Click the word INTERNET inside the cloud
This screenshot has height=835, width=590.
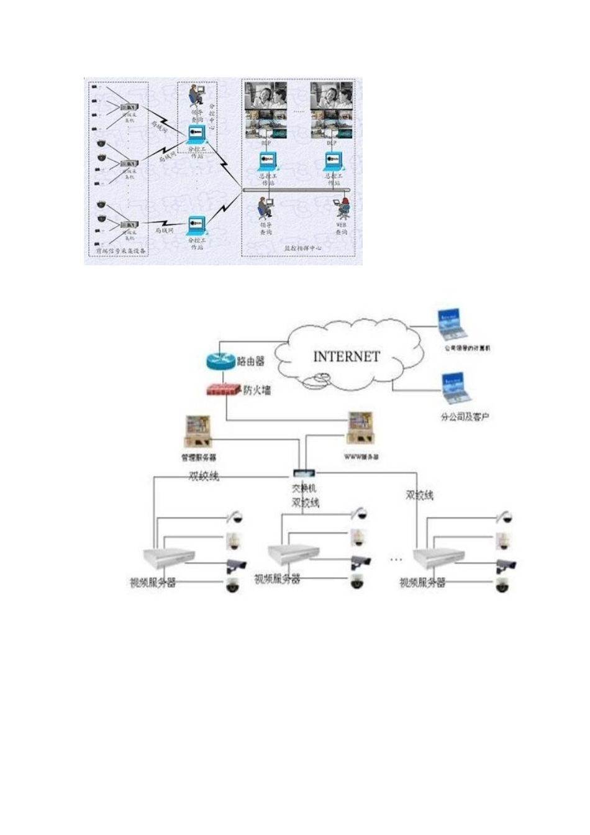347,357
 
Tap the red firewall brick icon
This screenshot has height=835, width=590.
223,390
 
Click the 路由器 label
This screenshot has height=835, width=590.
251,361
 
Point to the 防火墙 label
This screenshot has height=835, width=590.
256,391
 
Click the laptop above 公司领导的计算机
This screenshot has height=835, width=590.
453,323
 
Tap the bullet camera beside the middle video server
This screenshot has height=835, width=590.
361,563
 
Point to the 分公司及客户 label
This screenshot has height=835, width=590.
465,416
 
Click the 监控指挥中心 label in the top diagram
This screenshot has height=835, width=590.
302,248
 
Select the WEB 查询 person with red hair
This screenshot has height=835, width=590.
342,208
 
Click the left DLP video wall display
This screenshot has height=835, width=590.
266,111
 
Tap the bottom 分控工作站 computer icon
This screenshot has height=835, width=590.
197,223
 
